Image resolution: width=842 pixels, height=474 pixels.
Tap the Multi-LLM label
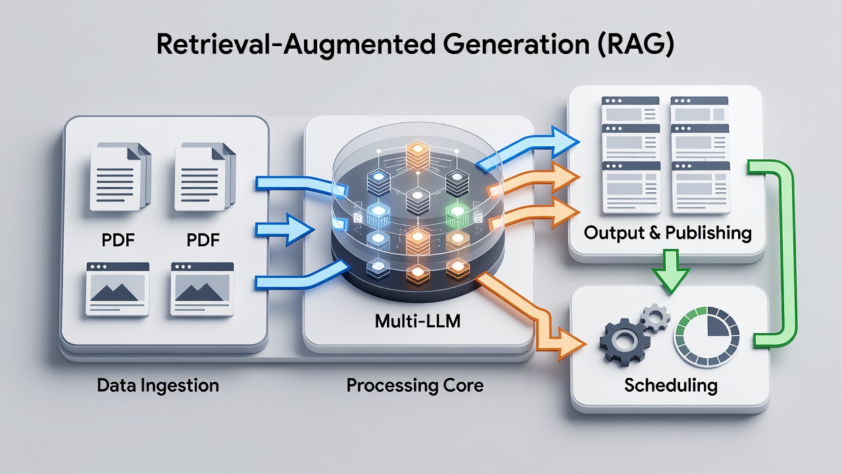[418, 321]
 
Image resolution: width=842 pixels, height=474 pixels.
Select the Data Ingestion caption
[158, 386]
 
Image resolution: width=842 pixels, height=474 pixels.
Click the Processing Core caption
[415, 385]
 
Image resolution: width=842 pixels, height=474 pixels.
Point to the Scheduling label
[670, 386]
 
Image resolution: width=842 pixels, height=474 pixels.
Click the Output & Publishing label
[668, 233]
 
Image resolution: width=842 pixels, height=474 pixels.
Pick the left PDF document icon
[120, 176]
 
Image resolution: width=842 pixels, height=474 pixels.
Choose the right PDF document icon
[205, 176]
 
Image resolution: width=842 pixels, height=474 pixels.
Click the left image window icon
[118, 289]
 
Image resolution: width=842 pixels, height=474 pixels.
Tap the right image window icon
[202, 289]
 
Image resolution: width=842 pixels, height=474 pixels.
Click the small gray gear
[655, 318]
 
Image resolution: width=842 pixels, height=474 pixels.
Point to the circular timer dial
[706, 336]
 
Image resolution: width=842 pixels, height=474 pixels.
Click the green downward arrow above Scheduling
[671, 271]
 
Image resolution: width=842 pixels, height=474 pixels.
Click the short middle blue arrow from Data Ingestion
[285, 230]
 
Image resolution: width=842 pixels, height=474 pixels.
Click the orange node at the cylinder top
[418, 154]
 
